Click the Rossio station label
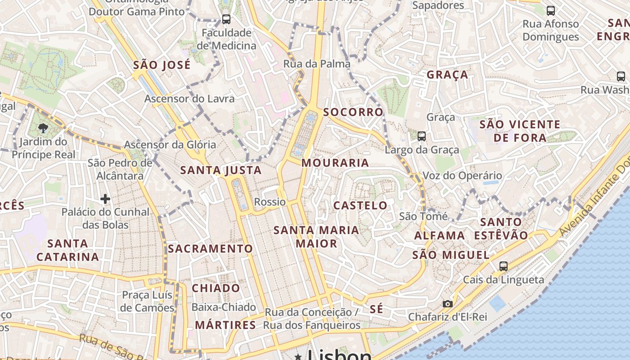[270, 202]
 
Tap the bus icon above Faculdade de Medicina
[226, 19]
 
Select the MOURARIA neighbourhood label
[335, 163]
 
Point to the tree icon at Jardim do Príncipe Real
[43, 128]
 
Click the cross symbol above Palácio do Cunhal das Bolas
[105, 198]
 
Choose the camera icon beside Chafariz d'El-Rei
[447, 304]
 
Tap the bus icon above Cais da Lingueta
[503, 266]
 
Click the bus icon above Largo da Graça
[421, 136]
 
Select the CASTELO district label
[360, 206]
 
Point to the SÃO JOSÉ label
[162, 65]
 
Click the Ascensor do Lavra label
[189, 99]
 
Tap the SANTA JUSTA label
[221, 170]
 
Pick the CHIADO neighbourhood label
[216, 288]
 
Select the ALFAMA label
[440, 235]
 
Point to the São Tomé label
[423, 216]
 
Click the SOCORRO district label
[353, 112]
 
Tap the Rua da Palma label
[317, 64]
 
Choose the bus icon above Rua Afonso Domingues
[550, 11]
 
